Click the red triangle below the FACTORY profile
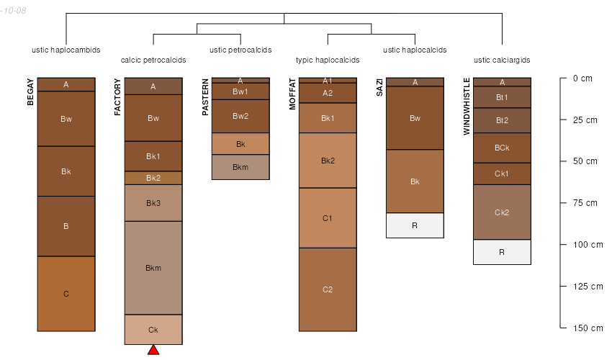coord(153,350)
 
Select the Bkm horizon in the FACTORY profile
coord(153,268)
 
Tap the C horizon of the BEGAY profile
coord(66,294)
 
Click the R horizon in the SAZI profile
coord(415,225)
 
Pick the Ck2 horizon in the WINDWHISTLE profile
coord(502,212)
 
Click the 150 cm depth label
coord(588,328)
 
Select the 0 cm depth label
coord(582,78)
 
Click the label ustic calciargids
coord(502,60)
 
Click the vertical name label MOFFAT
coord(292,94)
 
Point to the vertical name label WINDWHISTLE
coord(467,106)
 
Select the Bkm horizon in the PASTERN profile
coord(240,167)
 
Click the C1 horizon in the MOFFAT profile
coord(328,217)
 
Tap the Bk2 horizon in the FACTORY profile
coord(153,178)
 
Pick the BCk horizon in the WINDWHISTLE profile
coord(502,148)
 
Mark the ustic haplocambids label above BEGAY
coord(66,50)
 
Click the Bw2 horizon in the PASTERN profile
coord(240,116)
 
